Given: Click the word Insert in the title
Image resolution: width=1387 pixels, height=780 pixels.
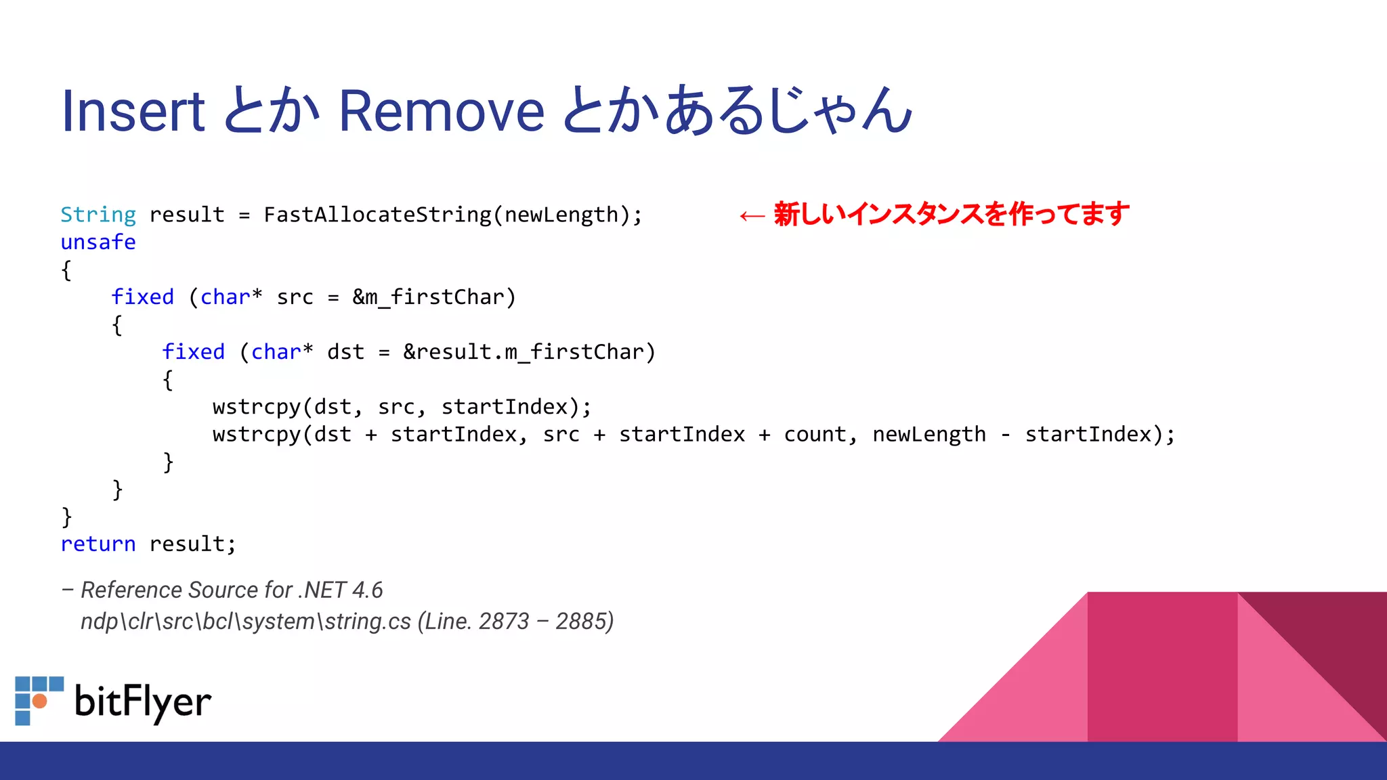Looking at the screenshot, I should [x=133, y=111].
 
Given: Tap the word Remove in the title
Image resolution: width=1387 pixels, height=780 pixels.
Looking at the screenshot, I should [x=441, y=111].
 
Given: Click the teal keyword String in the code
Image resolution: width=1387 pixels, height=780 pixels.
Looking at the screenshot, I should [x=98, y=215].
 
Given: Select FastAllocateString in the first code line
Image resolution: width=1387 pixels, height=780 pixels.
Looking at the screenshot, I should [x=377, y=215].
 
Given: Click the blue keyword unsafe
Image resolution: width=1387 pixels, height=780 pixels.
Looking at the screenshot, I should [x=98, y=242].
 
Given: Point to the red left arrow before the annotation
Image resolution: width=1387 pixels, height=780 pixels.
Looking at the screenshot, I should [x=752, y=216].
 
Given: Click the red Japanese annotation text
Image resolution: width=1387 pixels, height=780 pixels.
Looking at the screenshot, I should [x=951, y=214].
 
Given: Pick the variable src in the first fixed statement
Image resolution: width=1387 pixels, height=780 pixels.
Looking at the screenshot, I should [x=295, y=297].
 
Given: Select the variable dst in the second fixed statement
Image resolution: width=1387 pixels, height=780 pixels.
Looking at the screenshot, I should [x=345, y=352].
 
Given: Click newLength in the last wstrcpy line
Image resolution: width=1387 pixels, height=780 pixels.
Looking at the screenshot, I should [x=929, y=434].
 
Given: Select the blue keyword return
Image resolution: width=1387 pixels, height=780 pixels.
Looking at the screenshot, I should [x=98, y=544].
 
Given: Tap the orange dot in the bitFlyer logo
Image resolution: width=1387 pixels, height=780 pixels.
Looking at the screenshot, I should [x=40, y=701].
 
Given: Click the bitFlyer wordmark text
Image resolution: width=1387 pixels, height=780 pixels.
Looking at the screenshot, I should [x=143, y=701].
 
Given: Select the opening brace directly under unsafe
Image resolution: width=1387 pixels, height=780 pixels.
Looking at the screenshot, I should [x=66, y=270].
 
